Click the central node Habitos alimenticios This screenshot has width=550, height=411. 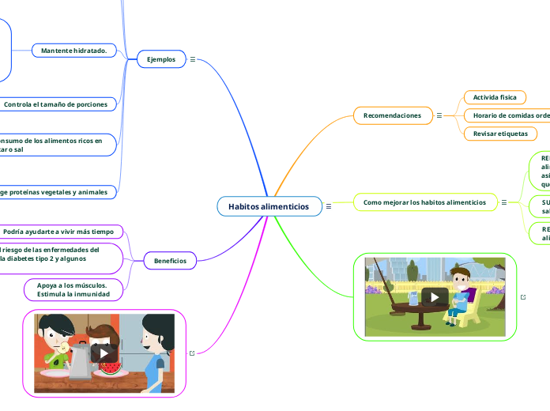pyautogui.click(x=269, y=206)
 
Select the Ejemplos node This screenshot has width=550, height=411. pyautogui.click(x=161, y=59)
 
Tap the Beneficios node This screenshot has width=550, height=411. pyautogui.click(x=170, y=260)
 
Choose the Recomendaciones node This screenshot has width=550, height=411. pyautogui.click(x=392, y=115)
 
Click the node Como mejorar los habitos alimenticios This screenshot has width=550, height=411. pyautogui.click(x=424, y=202)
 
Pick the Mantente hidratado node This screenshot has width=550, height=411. pyautogui.click(x=74, y=51)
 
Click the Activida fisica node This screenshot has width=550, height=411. pyautogui.click(x=494, y=97)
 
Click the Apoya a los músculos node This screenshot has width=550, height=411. pyautogui.click(x=73, y=289)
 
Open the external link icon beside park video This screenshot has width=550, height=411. pyautogui.click(x=523, y=297)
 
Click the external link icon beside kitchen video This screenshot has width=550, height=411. pyautogui.click(x=192, y=353)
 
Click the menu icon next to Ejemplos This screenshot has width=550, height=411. pyautogui.click(x=193, y=59)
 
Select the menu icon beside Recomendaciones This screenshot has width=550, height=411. pyautogui.click(x=439, y=115)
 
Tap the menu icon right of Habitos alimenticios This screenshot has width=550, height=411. pyautogui.click(x=328, y=206)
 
